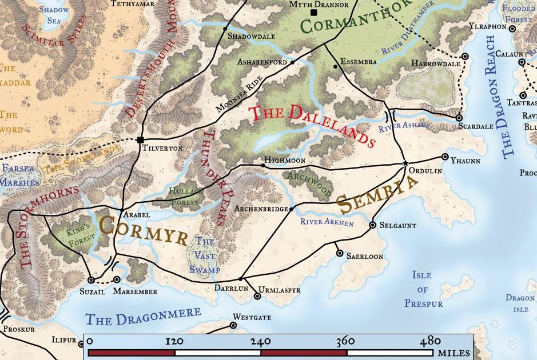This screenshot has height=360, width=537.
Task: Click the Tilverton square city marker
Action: [x=140, y=139]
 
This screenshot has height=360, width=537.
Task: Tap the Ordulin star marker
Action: [x=405, y=164]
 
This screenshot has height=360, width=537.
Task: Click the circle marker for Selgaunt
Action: [x=373, y=225]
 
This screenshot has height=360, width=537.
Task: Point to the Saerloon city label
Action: [x=365, y=257]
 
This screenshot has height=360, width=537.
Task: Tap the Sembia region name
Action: [x=377, y=194]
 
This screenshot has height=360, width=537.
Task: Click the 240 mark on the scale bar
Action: [x=261, y=341]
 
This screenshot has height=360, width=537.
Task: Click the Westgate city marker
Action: [x=233, y=326]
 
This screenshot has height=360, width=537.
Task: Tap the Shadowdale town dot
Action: [x=225, y=28]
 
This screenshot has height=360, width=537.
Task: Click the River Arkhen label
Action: [x=327, y=222]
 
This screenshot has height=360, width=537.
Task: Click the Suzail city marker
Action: [x=90, y=280]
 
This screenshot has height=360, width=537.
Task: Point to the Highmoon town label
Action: [x=284, y=161]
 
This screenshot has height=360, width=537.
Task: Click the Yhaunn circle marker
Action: [x=445, y=157]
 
